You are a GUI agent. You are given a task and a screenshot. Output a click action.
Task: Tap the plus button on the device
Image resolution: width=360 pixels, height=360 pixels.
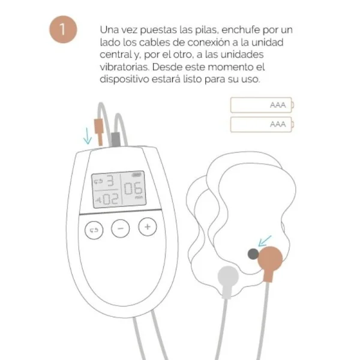point(148,227)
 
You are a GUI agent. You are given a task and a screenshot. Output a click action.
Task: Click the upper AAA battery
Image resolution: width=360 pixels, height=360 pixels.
point(262,106)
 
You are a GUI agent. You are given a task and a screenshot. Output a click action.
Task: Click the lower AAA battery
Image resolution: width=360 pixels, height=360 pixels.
point(262,124)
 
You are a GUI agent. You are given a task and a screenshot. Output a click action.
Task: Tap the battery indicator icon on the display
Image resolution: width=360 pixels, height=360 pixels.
point(137,174)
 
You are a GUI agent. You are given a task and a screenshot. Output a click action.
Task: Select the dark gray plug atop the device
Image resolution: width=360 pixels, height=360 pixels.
point(114,139)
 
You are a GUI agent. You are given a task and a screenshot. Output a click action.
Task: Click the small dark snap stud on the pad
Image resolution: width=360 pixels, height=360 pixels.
point(254,255)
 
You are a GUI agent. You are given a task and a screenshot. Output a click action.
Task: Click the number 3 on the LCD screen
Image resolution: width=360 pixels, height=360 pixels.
point(110,180)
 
